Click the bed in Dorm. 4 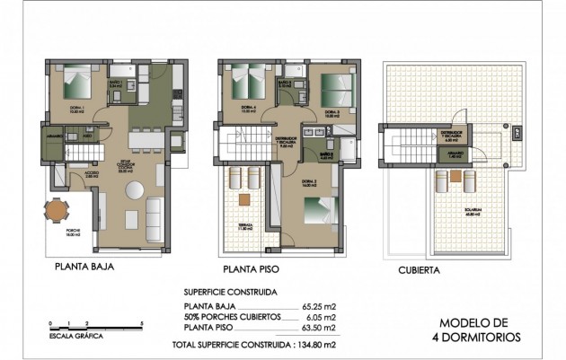(244, 84)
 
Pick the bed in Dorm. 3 (338, 87)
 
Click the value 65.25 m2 (318, 307)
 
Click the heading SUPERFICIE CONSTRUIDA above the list (231, 293)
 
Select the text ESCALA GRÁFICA (77, 337)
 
